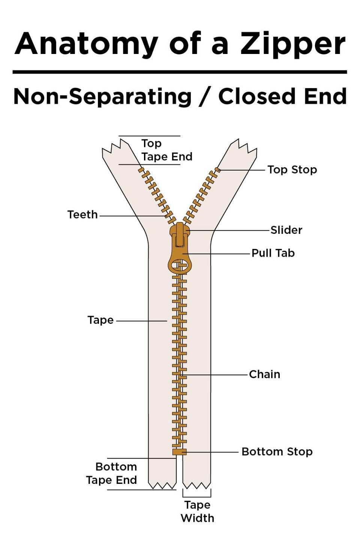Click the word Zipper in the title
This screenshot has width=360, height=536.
[x=293, y=44]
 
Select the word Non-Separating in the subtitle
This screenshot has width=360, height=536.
[x=102, y=96]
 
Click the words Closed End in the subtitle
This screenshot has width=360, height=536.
[x=282, y=96]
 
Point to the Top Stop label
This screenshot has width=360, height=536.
[x=292, y=170]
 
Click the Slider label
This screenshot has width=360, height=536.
[x=286, y=230]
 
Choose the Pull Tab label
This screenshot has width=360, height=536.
[x=273, y=253]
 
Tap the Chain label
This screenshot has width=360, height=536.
[x=264, y=374]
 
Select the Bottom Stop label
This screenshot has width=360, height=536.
[x=277, y=452]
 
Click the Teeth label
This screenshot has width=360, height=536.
[x=82, y=215]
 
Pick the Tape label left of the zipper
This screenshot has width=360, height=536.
[x=100, y=320]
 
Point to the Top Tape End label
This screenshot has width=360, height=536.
[x=166, y=150]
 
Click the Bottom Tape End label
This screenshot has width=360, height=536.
[x=111, y=473]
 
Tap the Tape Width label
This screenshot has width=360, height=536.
[x=197, y=512]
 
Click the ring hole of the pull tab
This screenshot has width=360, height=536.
[x=179, y=267]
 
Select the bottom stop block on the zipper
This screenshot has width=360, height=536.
[x=179, y=452]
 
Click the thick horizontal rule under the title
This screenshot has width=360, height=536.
[x=180, y=72]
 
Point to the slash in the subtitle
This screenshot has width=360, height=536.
[x=205, y=96]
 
